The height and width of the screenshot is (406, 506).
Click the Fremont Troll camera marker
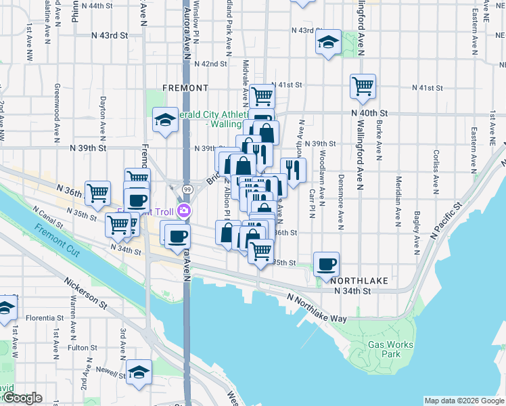183,212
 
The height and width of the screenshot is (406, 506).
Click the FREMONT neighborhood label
185,88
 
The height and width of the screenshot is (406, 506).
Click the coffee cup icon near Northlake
327,264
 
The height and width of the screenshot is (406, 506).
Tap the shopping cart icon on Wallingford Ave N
363,86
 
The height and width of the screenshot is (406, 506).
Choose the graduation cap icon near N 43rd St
328,43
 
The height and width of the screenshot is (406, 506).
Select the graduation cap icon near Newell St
139,371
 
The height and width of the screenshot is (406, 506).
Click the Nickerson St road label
86,292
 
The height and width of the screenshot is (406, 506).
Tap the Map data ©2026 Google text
464,401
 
